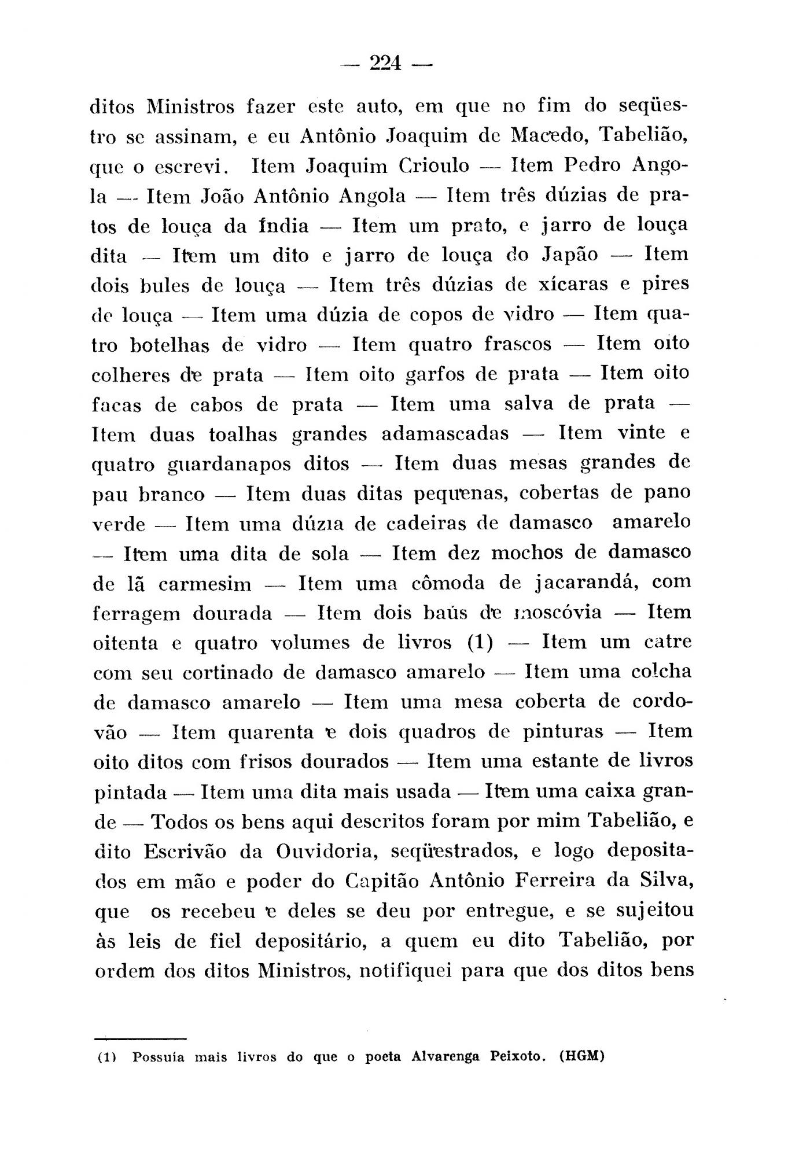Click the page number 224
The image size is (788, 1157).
click(386, 62)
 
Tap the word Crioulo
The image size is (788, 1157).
click(434, 167)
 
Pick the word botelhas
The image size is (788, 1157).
click(169, 345)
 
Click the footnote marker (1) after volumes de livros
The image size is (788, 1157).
click(480, 643)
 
